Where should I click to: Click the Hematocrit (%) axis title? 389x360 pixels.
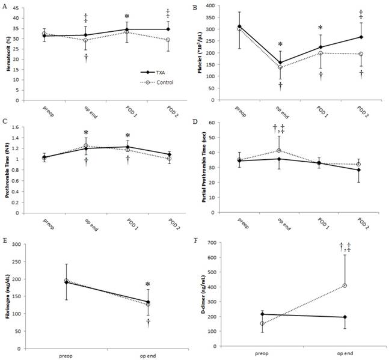click(7, 57)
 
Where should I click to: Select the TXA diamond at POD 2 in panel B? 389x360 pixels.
click(361, 37)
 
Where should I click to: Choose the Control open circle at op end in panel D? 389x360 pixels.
click(278, 150)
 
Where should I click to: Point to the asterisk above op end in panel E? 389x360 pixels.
click(147, 285)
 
